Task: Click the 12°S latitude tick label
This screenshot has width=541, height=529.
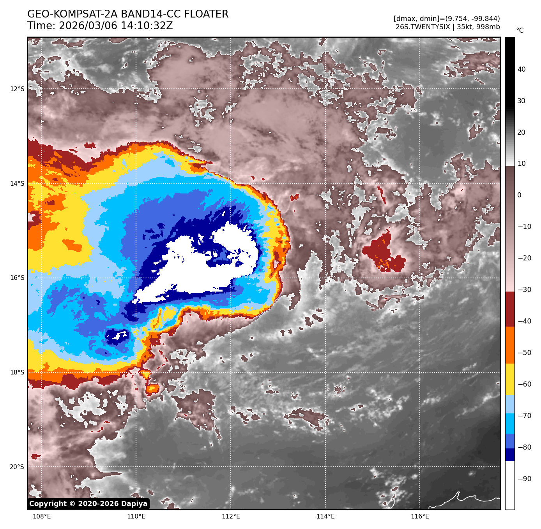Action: pyautogui.click(x=17, y=89)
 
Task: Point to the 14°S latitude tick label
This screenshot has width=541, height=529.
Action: pyautogui.click(x=17, y=184)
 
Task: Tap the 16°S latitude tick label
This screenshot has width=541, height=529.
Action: pyautogui.click(x=17, y=278)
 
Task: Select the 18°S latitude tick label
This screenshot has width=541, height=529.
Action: pyautogui.click(x=17, y=373)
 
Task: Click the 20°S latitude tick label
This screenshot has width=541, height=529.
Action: pyautogui.click(x=17, y=467)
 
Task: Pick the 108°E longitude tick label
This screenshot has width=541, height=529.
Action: pyautogui.click(x=42, y=517)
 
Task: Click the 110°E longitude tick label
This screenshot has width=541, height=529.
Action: pyautogui.click(x=136, y=517)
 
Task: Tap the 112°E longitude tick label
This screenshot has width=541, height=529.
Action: pyautogui.click(x=231, y=517)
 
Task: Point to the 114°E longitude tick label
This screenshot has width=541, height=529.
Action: pyautogui.click(x=325, y=517)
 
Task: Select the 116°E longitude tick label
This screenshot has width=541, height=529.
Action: pyautogui.click(x=420, y=517)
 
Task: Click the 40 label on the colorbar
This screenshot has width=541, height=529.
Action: pyautogui.click(x=522, y=70)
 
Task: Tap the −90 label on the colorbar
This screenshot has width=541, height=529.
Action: pyautogui.click(x=525, y=479)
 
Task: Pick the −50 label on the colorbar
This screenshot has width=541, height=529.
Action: pyautogui.click(x=525, y=353)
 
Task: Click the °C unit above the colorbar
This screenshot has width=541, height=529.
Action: pyautogui.click(x=520, y=30)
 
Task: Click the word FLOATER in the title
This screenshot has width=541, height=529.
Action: pyautogui.click(x=206, y=14)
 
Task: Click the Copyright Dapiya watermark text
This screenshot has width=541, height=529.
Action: pyautogui.click(x=88, y=504)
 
